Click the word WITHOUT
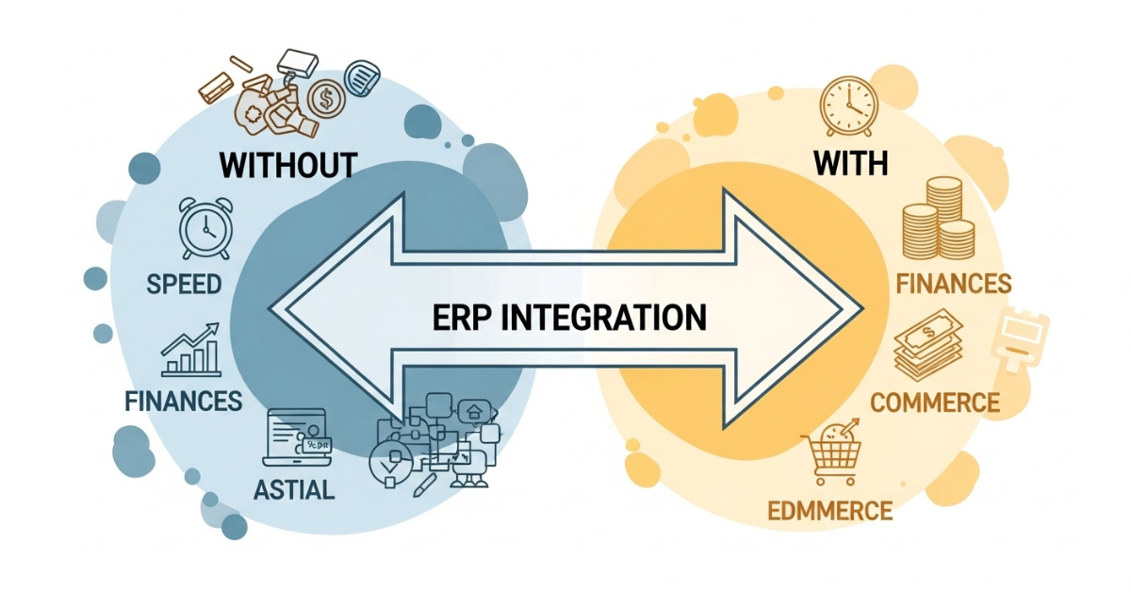287,165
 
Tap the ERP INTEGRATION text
569,317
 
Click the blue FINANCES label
183,401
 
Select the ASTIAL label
294,491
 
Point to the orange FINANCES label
954,284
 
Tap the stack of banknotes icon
927,349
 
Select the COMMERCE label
934,403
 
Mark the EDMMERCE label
829,512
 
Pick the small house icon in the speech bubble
473,411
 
